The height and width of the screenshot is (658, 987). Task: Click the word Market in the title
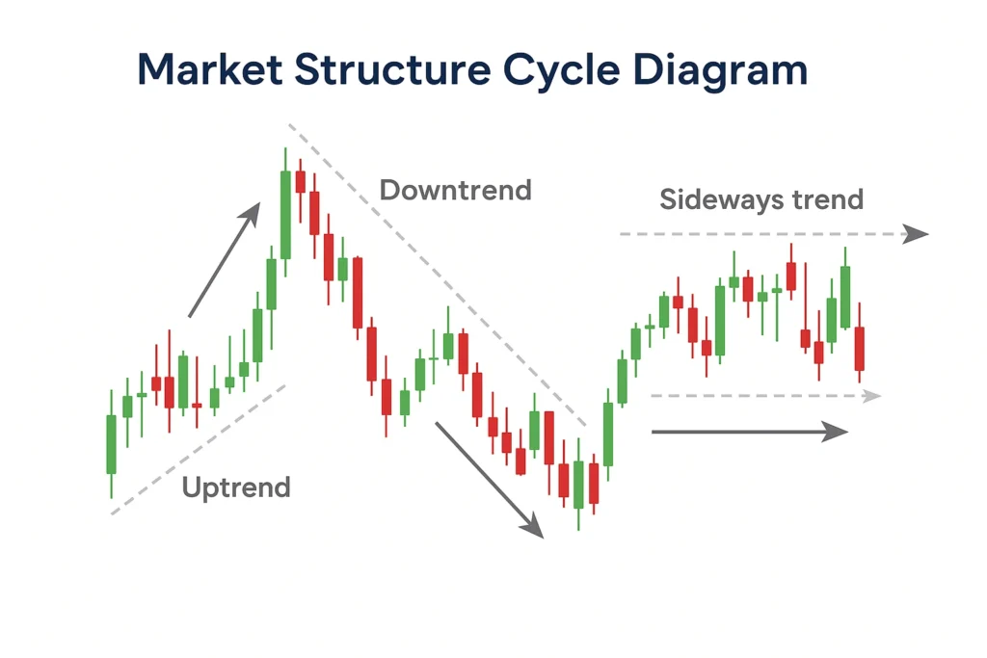(x=210, y=69)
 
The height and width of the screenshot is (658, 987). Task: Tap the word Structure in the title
(x=392, y=69)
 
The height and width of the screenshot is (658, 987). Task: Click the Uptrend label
(x=236, y=487)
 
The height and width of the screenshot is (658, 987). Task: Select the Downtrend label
(x=456, y=190)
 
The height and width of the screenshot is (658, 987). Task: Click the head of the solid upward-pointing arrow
(x=252, y=213)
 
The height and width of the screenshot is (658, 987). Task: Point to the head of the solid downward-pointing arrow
(x=533, y=526)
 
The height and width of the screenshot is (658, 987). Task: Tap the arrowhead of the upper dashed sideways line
(x=916, y=234)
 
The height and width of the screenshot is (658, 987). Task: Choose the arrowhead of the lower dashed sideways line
(x=872, y=396)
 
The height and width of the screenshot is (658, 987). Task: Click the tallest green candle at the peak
(x=285, y=213)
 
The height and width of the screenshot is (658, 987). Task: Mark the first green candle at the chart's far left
(x=112, y=443)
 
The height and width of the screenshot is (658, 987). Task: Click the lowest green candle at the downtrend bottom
(x=578, y=485)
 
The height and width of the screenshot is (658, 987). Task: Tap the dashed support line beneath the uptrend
(x=199, y=449)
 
